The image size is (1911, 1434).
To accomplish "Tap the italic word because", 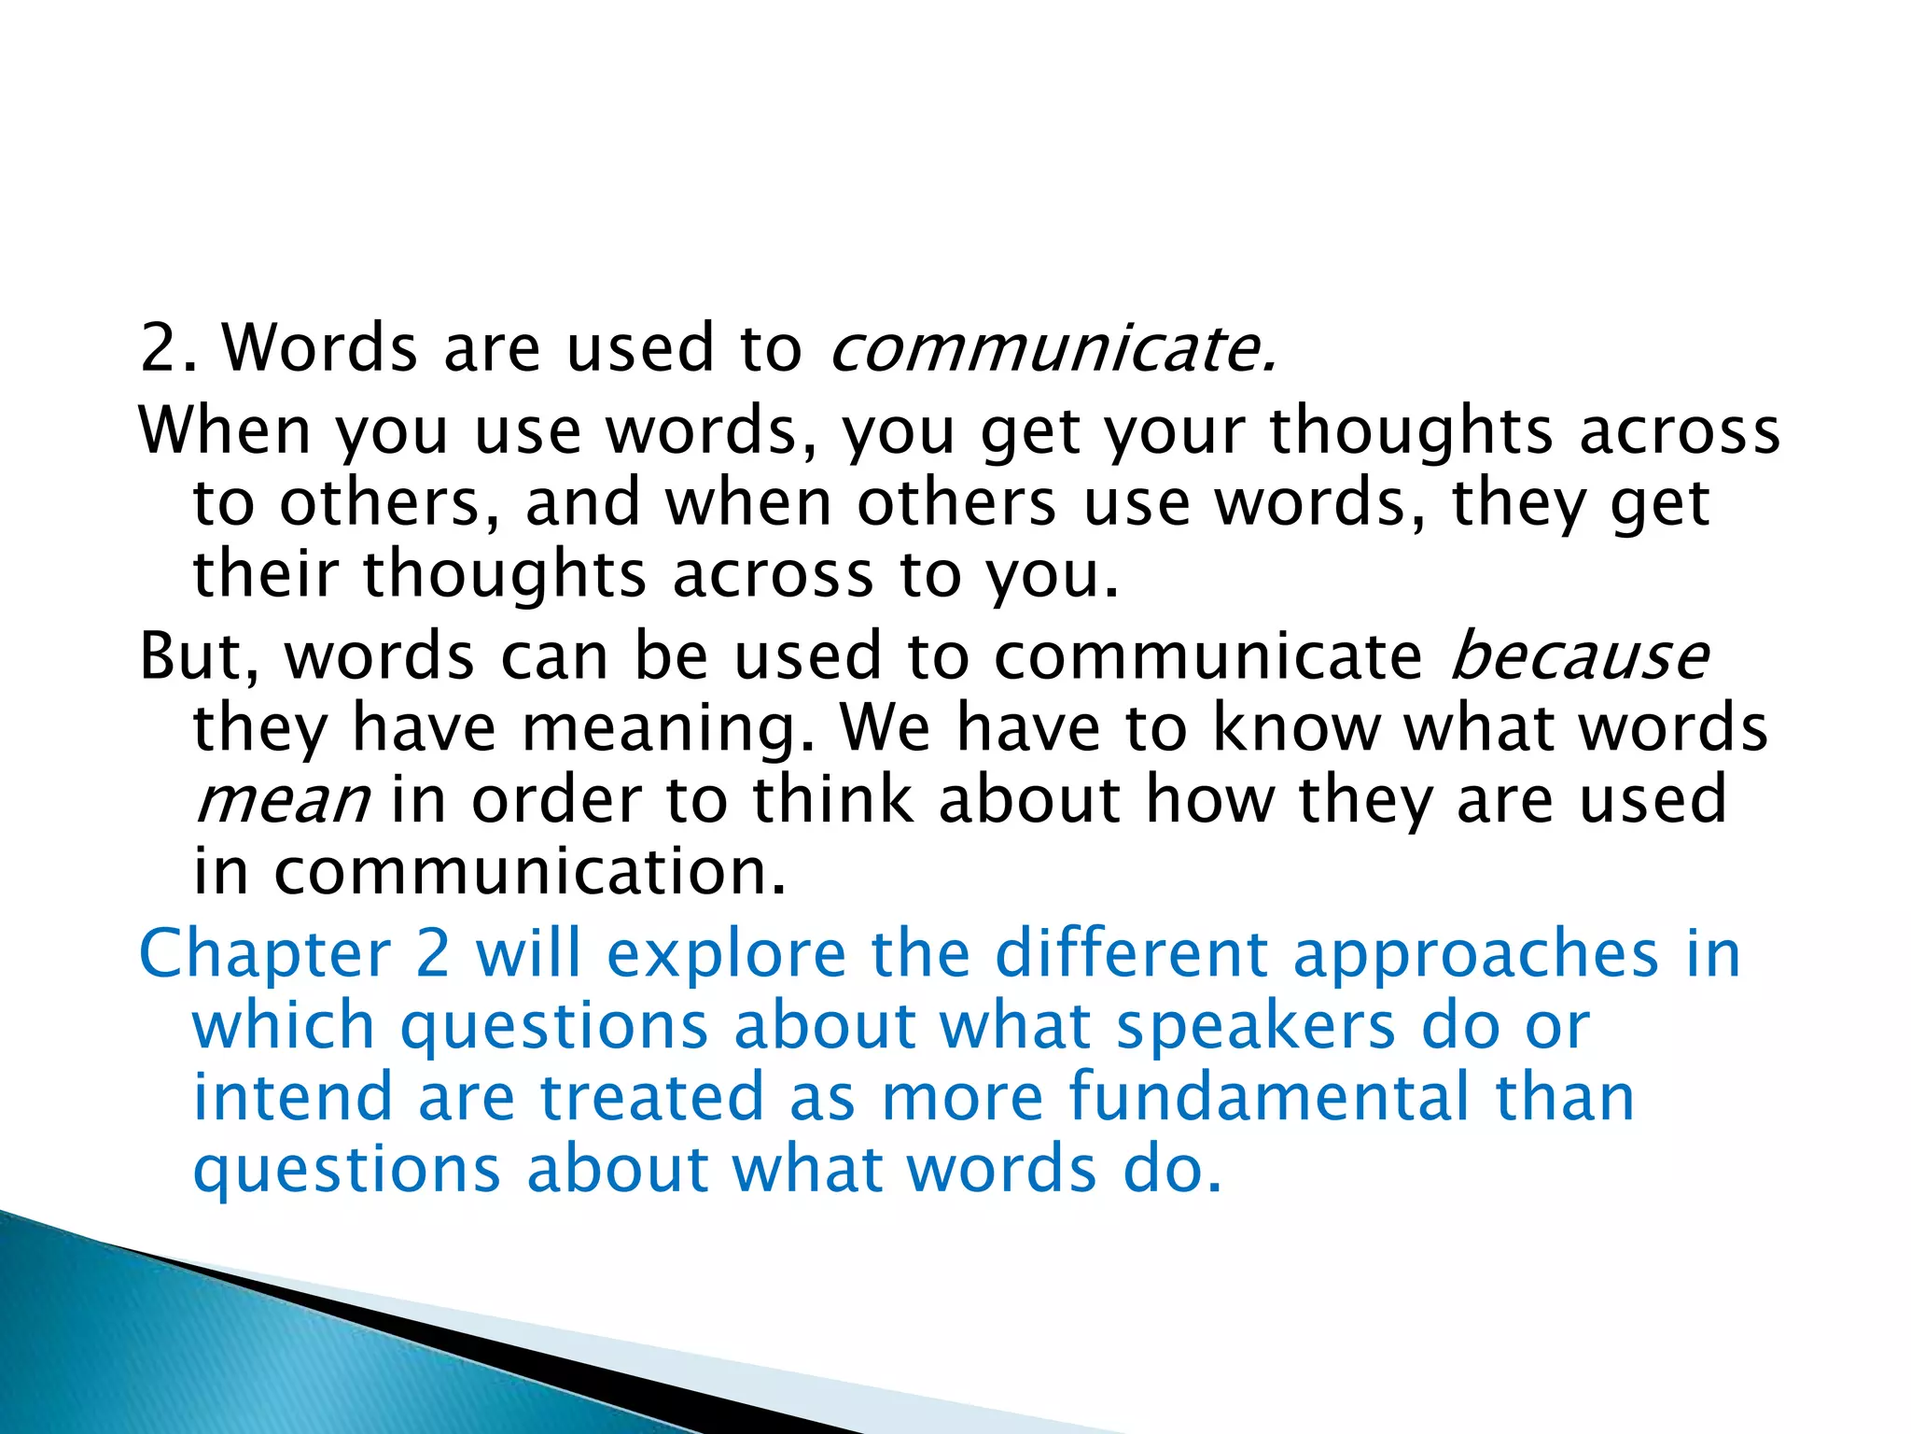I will [1579, 655].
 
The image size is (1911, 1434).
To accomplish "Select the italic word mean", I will [282, 800].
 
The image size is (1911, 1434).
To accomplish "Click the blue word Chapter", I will [265, 954].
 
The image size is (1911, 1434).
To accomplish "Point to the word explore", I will [726, 954].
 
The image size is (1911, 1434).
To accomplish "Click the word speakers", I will [1256, 1027].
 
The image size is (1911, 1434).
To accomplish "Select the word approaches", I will [1475, 954].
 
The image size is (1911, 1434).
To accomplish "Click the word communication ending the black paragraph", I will [530, 871].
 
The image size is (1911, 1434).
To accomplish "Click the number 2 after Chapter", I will [433, 954].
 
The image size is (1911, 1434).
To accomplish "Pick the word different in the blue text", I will [1131, 954].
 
